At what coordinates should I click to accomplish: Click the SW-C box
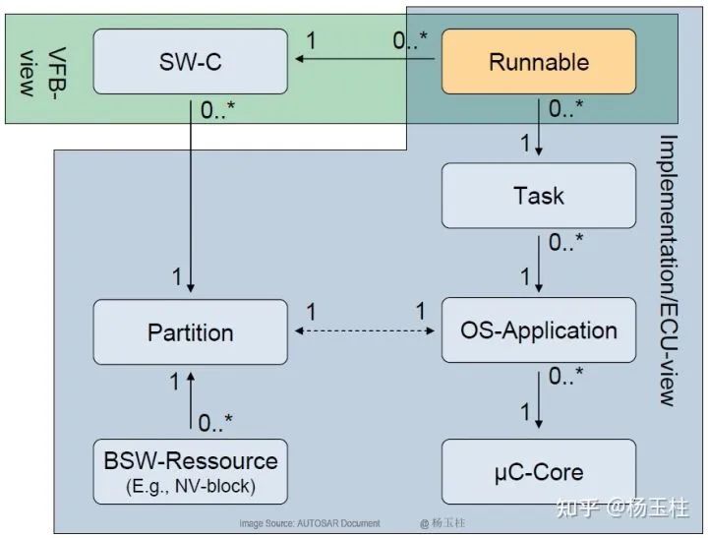pyautogui.click(x=191, y=62)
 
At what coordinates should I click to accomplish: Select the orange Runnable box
pyautogui.click(x=538, y=62)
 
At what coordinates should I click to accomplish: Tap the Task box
pyautogui.click(x=538, y=196)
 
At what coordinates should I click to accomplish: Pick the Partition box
pyautogui.click(x=191, y=331)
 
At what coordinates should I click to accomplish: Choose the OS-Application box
pyautogui.click(x=538, y=331)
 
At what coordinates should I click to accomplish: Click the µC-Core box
pyautogui.click(x=538, y=472)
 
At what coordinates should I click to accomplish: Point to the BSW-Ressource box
pyautogui.click(x=191, y=471)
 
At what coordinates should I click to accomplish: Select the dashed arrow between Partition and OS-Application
pyautogui.click(x=365, y=331)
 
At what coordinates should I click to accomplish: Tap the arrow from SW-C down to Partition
pyautogui.click(x=191, y=197)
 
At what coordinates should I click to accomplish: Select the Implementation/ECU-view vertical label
pyautogui.click(x=668, y=270)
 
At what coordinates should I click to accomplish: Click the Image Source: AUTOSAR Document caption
pyautogui.click(x=310, y=523)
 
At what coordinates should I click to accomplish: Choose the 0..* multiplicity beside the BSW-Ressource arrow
pyautogui.click(x=215, y=423)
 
